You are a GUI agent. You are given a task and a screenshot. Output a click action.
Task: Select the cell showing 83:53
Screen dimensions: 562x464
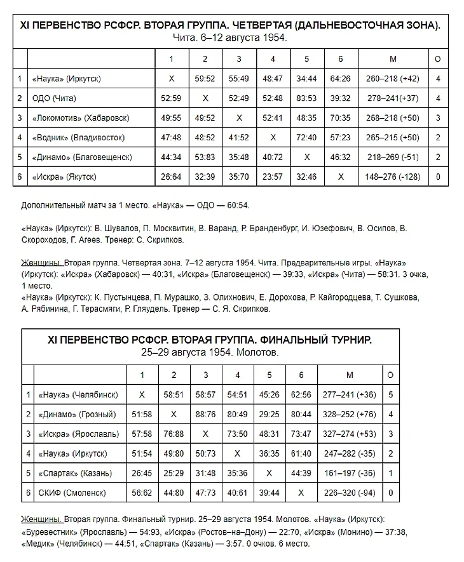pos(306,98)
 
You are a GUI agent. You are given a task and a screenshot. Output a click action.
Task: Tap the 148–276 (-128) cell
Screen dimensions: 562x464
pos(393,177)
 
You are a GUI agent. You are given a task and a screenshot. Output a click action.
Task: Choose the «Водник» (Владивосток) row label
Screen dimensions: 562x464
pos(79,138)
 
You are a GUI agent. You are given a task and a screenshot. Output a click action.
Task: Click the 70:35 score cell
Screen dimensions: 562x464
pos(341,118)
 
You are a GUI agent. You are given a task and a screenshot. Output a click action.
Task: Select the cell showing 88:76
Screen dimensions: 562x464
pos(205,414)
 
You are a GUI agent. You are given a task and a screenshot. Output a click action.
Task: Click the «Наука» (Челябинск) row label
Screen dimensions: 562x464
pos(79,394)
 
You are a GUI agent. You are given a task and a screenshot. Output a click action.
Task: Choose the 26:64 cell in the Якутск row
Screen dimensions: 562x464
pos(170,177)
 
